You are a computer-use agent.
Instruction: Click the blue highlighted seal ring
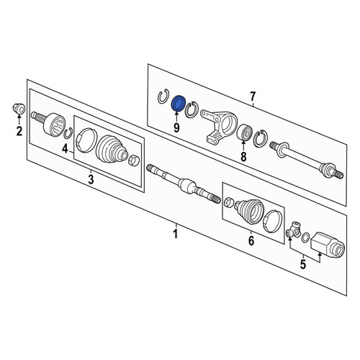(179, 104)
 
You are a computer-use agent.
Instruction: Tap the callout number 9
(176, 127)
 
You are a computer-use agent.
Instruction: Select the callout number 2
(19, 131)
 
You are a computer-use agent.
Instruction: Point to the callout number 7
(253, 96)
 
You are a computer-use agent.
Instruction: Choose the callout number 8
(243, 157)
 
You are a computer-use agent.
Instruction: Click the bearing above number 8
(244, 132)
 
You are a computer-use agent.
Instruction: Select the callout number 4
(65, 149)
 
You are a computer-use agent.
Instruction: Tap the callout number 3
(91, 179)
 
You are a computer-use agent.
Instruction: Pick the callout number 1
(176, 234)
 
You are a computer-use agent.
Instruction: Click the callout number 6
(251, 240)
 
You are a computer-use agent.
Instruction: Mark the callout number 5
(303, 264)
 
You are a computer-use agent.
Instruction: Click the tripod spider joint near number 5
(294, 230)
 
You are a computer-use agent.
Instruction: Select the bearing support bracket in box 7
(218, 127)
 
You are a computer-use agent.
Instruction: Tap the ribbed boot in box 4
(111, 150)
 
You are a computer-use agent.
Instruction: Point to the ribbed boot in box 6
(249, 211)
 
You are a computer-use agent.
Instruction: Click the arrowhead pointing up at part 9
(176, 113)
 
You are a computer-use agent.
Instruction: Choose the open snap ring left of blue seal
(163, 96)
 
